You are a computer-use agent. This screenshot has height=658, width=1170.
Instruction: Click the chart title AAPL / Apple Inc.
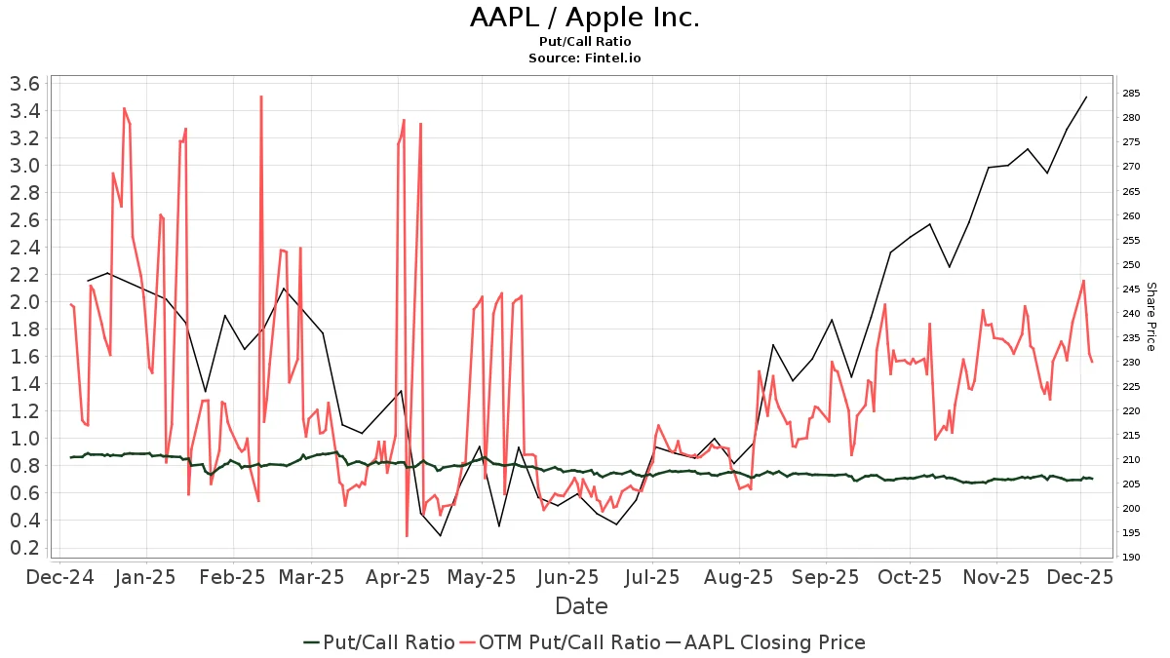[x=584, y=18]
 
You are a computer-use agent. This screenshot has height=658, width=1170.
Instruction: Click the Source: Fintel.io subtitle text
[x=584, y=58]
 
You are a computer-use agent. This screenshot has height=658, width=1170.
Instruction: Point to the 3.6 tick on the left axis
[x=23, y=84]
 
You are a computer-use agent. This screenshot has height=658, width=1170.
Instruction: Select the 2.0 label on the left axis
[x=23, y=302]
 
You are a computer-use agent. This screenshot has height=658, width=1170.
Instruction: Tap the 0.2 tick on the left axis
[x=23, y=548]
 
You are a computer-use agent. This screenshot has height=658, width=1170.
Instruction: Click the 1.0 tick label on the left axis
[x=23, y=439]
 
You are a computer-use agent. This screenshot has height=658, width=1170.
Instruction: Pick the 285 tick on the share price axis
[x=1132, y=94]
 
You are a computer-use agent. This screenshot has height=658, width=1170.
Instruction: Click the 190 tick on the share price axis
[x=1132, y=558]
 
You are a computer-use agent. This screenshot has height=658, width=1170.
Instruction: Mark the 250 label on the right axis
[x=1132, y=264]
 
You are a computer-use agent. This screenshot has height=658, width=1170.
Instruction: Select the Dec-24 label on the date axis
[x=60, y=577]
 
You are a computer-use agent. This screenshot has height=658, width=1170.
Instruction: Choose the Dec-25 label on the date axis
[x=1080, y=577]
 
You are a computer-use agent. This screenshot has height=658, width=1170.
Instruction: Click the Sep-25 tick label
[x=825, y=577]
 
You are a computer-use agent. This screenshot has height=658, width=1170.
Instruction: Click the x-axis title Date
[x=581, y=606]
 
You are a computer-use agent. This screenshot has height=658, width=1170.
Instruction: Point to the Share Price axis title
[x=1150, y=317]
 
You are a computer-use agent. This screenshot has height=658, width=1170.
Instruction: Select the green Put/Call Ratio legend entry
[x=378, y=642]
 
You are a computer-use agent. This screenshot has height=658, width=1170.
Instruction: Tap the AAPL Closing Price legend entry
[x=765, y=642]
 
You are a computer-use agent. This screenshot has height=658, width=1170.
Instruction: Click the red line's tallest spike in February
[x=261, y=97]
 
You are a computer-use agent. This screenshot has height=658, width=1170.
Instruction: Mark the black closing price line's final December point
[x=1086, y=97]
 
